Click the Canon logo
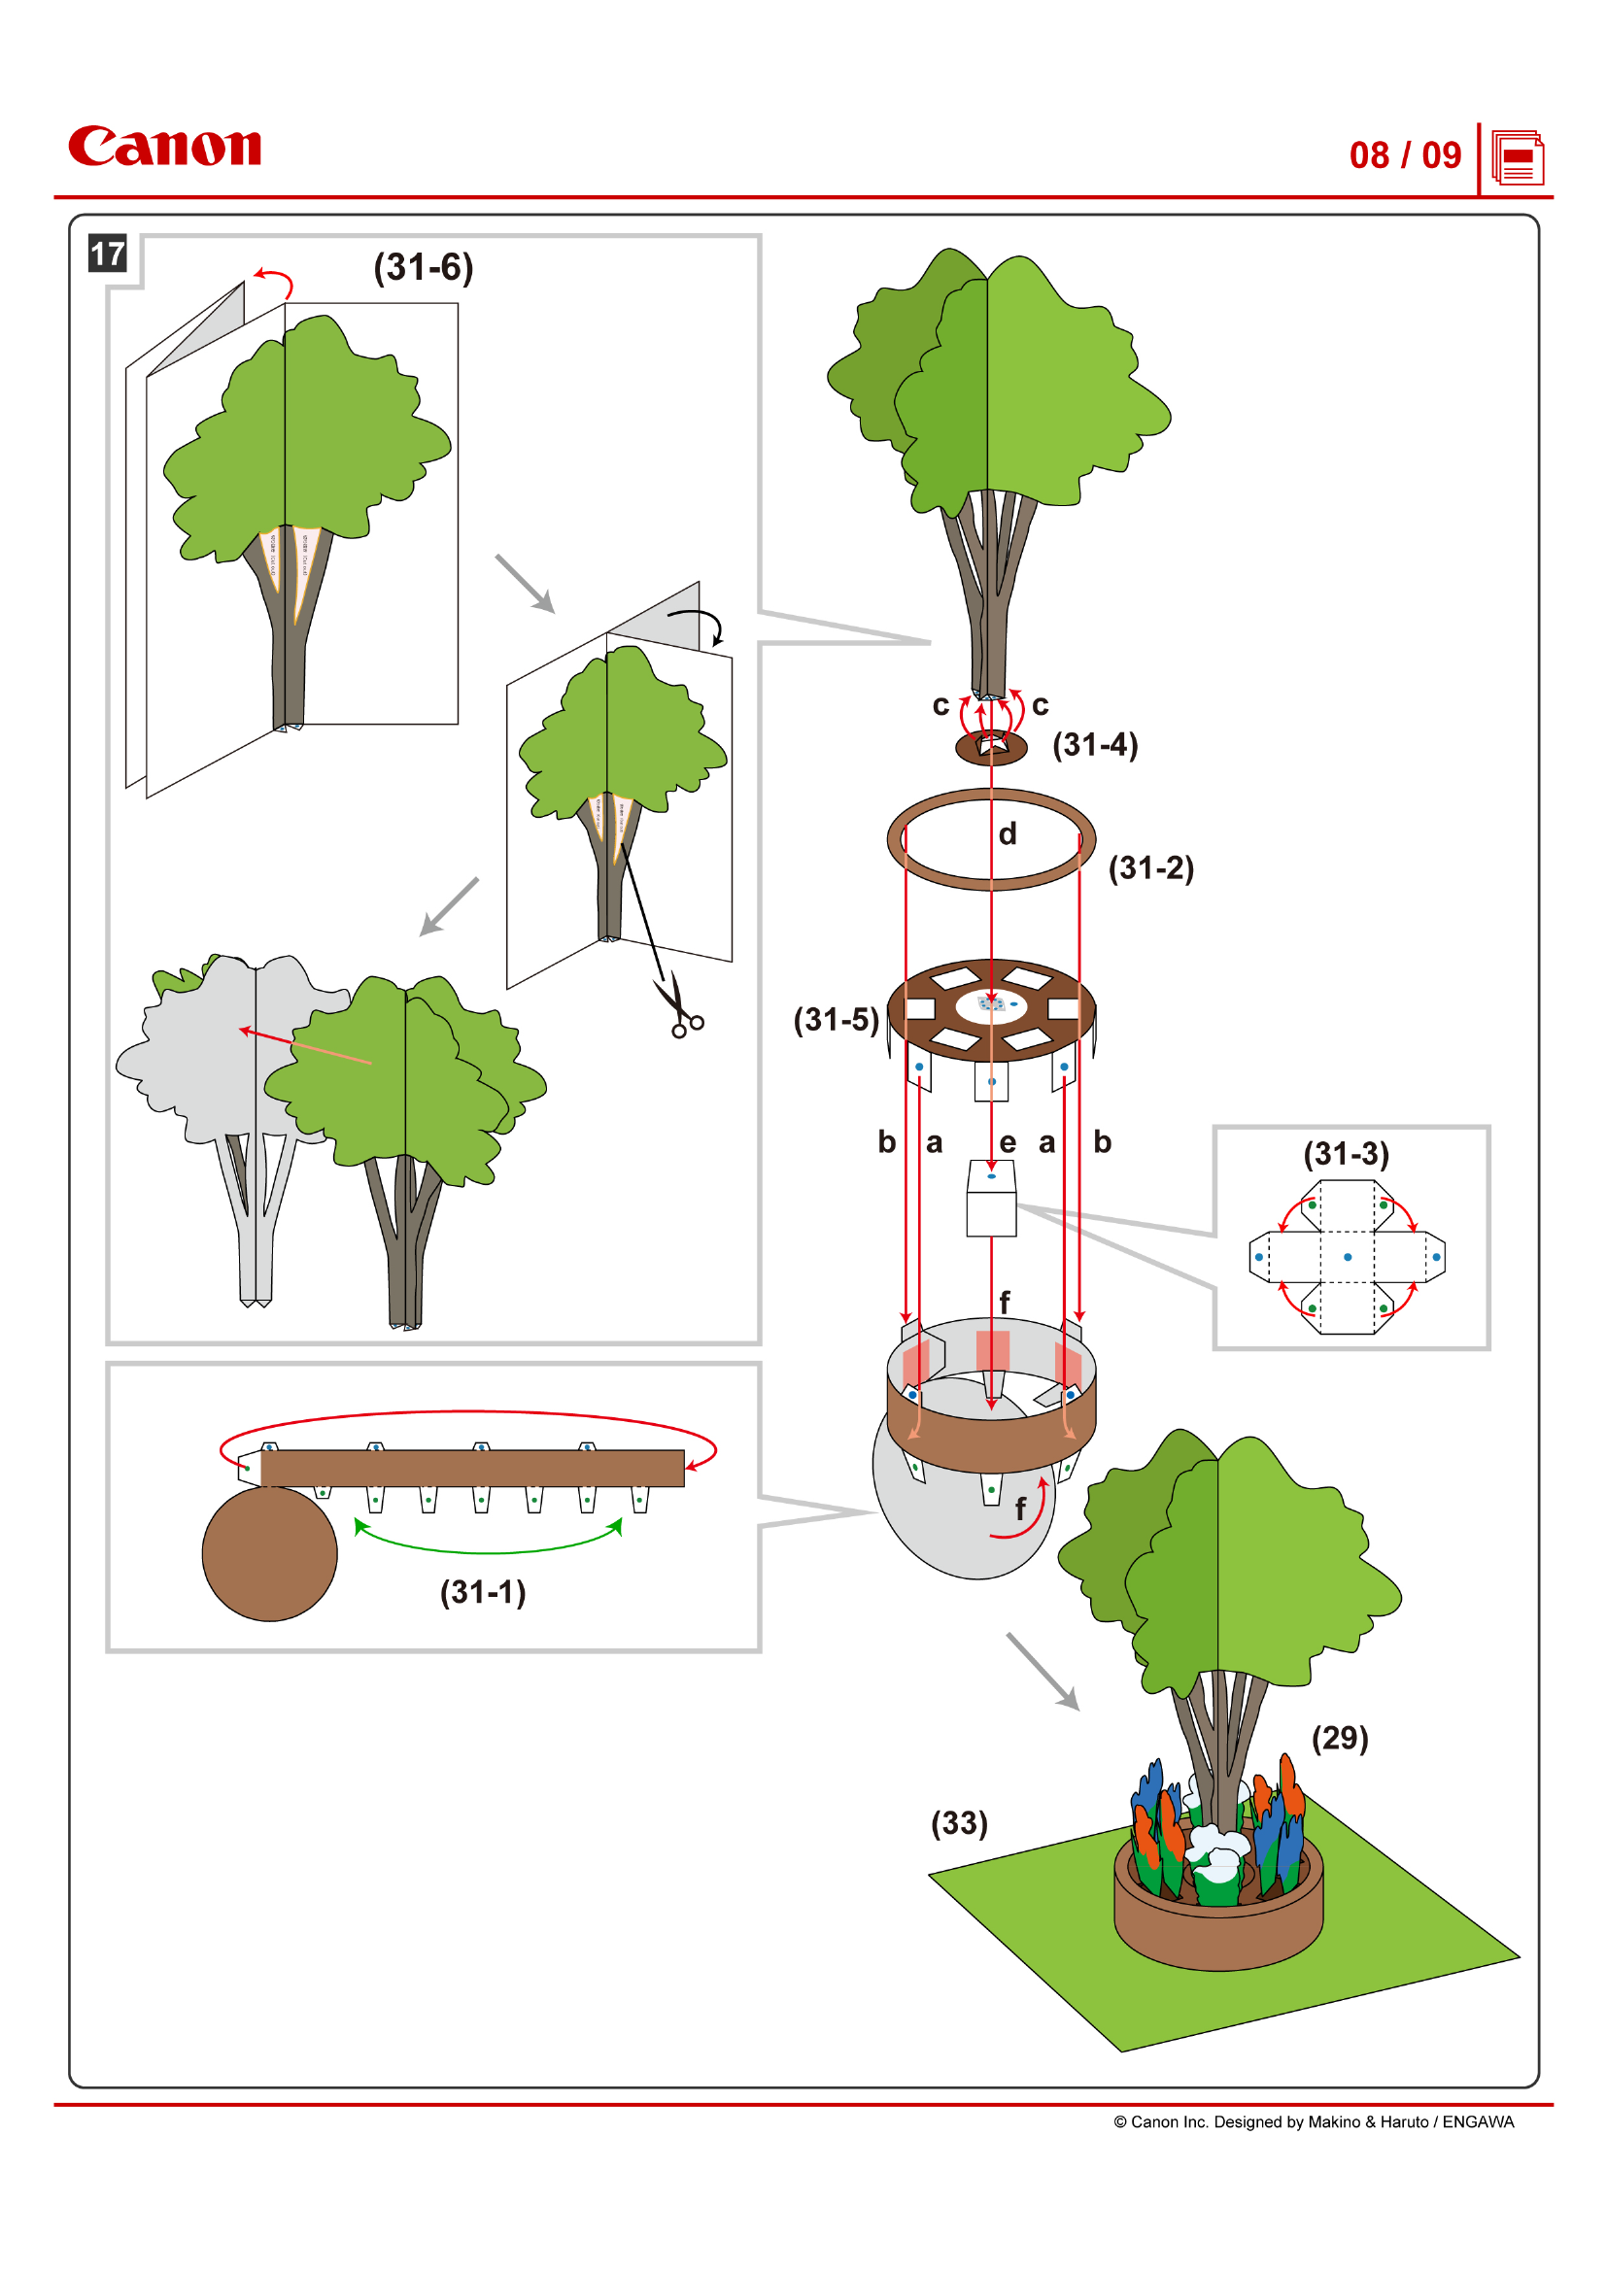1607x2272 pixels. [164, 147]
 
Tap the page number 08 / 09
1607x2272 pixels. [1404, 155]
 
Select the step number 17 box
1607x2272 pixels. [108, 254]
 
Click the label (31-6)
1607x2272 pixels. [424, 267]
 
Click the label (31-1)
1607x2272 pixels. [483, 1591]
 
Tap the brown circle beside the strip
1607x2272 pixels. [269, 1553]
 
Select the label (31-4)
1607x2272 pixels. [1094, 744]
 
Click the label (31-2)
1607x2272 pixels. [1150, 867]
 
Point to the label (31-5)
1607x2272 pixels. [837, 1019]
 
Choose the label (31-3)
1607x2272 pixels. [1346, 1154]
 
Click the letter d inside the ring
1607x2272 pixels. [1008, 834]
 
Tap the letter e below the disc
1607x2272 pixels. [1008, 1143]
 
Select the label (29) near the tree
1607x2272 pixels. [1340, 1738]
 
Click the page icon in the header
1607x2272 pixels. [1518, 158]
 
